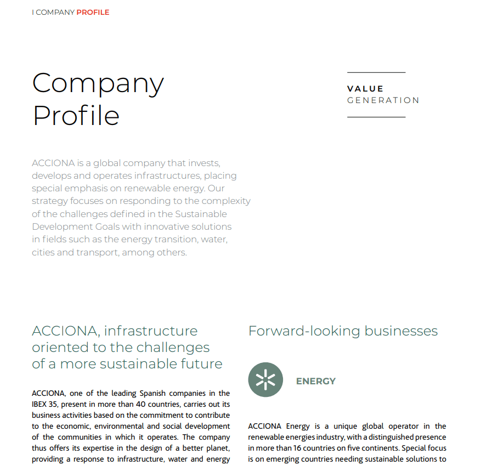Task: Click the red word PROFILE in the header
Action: (x=93, y=12)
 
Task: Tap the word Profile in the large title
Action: (x=76, y=116)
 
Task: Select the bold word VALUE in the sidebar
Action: (x=365, y=89)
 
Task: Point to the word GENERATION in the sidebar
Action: (x=383, y=100)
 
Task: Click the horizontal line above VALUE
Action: (x=376, y=72)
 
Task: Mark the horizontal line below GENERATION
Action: (x=376, y=117)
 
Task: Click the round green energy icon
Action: (x=265, y=379)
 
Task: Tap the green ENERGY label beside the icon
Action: (x=316, y=381)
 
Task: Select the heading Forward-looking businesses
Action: (x=343, y=331)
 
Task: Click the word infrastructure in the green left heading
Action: (x=151, y=331)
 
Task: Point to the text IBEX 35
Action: (x=44, y=405)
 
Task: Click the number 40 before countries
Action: (x=143, y=405)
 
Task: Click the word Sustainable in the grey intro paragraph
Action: (x=200, y=214)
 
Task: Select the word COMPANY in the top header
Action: (x=55, y=12)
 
